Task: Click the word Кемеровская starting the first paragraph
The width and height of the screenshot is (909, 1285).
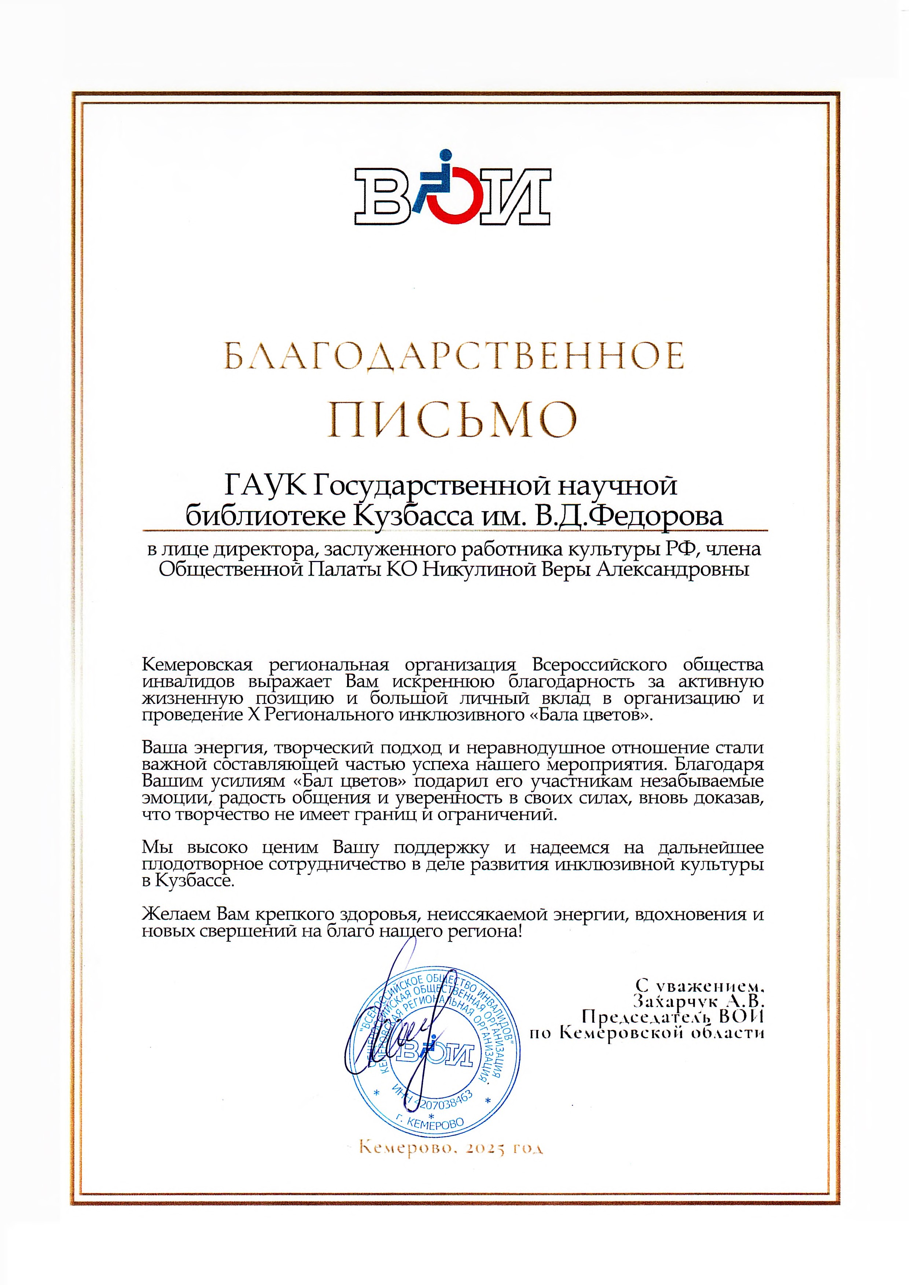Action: (198, 665)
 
